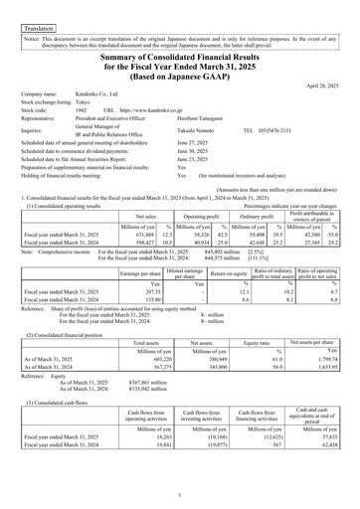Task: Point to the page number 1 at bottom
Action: tap(180, 494)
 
